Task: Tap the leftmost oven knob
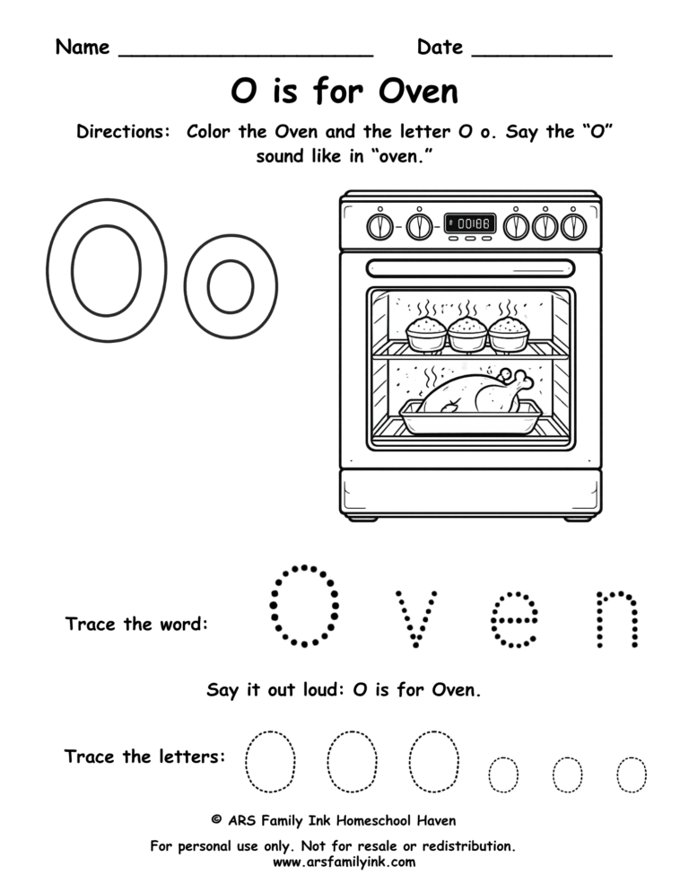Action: (x=380, y=226)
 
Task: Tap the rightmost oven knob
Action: (x=573, y=226)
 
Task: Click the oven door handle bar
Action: (x=471, y=267)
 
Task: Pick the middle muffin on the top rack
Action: (x=467, y=334)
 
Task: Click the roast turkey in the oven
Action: (x=468, y=392)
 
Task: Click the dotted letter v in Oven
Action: (x=418, y=618)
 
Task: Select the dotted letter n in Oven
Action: (x=618, y=618)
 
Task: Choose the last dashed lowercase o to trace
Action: (x=632, y=774)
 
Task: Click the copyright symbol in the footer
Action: (x=216, y=820)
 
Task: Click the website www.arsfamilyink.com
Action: (x=344, y=862)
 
